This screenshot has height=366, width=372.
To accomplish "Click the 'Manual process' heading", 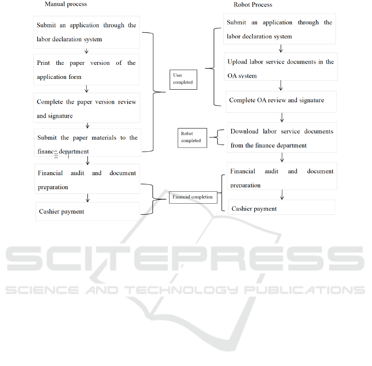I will tap(66, 4).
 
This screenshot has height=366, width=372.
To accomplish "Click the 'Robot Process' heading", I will tap(253, 5).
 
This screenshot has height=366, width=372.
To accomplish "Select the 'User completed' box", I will tap(183, 79).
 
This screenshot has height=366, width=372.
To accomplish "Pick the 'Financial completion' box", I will tap(192, 197).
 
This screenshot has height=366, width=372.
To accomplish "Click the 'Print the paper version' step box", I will tap(86, 69).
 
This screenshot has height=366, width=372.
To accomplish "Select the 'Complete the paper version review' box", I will tap(86, 108).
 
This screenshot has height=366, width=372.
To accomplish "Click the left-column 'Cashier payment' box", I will tap(87, 212).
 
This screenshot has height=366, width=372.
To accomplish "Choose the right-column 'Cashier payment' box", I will tap(281, 208).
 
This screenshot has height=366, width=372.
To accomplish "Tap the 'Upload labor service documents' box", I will tap(281, 69).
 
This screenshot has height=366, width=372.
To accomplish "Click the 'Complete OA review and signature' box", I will tap(281, 101).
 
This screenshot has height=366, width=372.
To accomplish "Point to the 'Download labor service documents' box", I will tap(282, 138).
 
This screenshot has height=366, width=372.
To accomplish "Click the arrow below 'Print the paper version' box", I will tap(87, 89).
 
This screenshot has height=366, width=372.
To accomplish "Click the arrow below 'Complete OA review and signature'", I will tap(282, 118).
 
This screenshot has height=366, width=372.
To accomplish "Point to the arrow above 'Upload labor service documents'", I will tap(281, 48).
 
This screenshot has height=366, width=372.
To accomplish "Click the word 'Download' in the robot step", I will tap(244, 131).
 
